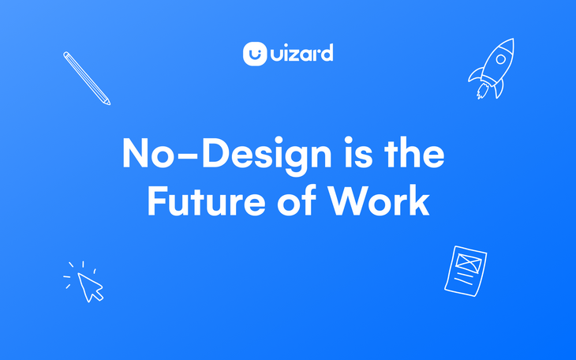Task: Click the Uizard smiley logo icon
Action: pyautogui.click(x=255, y=54)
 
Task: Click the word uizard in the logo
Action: pyautogui.click(x=302, y=53)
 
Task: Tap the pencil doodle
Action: pyautogui.click(x=87, y=78)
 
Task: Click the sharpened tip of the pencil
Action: pyautogui.click(x=109, y=103)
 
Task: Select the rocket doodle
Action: pyautogui.click(x=492, y=69)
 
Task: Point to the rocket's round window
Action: pyautogui.click(x=501, y=59)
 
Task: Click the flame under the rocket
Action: pyautogui.click(x=482, y=91)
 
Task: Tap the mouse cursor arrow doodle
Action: pyautogui.click(x=90, y=287)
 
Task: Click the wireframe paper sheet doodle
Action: pyautogui.click(x=466, y=271)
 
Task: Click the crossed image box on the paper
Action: pyautogui.click(x=469, y=263)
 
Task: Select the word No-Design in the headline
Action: pyautogui.click(x=227, y=155)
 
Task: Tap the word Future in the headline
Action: pyautogui.click(x=207, y=201)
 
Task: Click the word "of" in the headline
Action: pyautogui.click(x=297, y=200)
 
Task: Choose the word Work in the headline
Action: pyautogui.click(x=379, y=200)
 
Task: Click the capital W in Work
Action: pyautogui.click(x=348, y=201)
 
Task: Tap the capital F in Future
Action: pyautogui.click(x=157, y=201)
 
